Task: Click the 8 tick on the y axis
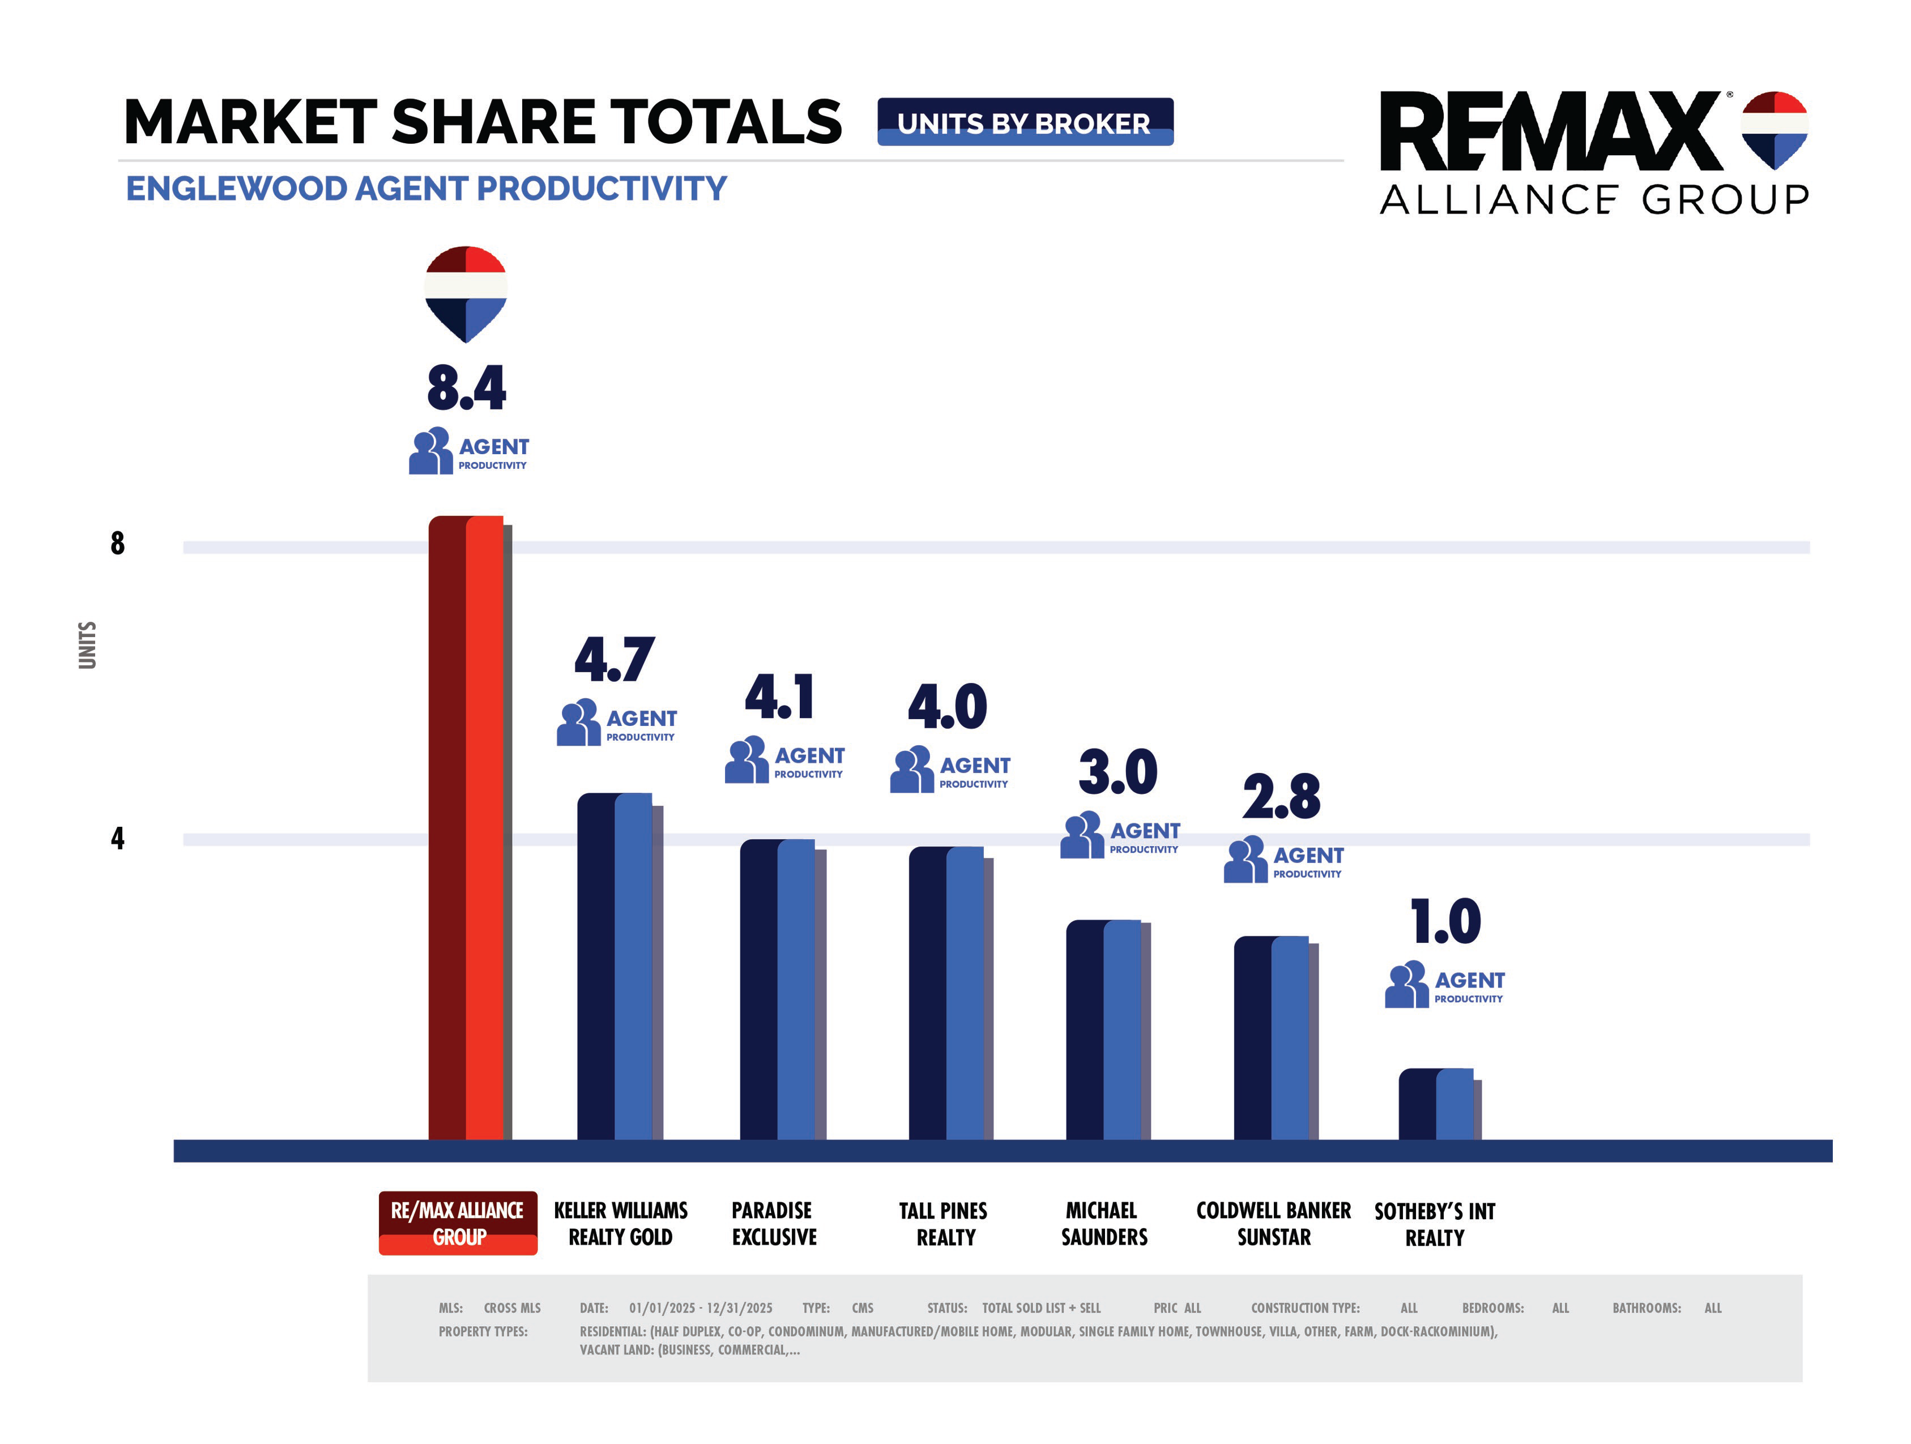[x=117, y=543]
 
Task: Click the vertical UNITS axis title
[x=87, y=644]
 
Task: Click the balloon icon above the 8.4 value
[x=466, y=294]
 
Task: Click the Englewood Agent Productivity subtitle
[x=426, y=188]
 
